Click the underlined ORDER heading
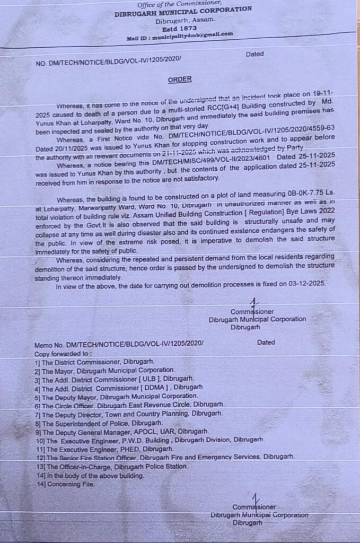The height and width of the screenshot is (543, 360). coord(180,79)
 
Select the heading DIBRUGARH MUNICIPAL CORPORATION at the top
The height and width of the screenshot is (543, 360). coord(183,10)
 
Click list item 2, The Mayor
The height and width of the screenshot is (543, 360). coord(104,370)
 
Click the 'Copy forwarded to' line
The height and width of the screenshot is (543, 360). coord(63,353)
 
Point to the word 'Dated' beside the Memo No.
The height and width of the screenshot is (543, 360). coord(266,343)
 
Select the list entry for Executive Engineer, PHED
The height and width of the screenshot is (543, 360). coord(100,449)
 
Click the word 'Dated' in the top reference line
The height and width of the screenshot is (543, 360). coord(254,55)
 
